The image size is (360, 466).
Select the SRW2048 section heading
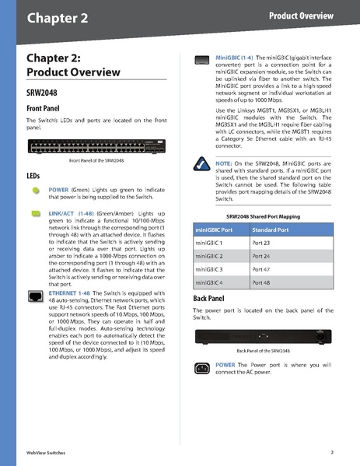[x=44, y=92]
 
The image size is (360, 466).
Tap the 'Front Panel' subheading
[x=47, y=108]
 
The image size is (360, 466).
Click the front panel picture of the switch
[x=97, y=146]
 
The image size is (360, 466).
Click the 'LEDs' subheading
[x=34, y=176]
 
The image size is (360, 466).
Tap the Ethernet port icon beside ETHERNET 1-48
[x=35, y=296]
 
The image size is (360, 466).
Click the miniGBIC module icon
[x=201, y=58]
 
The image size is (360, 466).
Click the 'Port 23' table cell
[x=262, y=244]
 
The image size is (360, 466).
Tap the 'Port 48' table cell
[x=262, y=282]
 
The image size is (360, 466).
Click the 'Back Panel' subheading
[x=214, y=298]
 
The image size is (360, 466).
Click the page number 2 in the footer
[x=331, y=452]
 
